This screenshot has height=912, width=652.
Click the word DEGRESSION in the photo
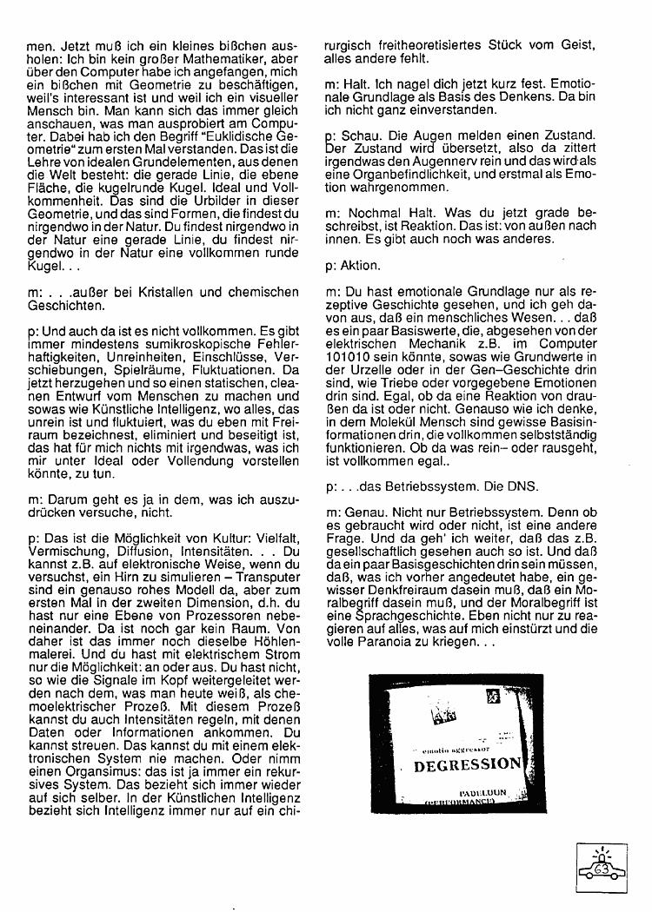tap(467, 765)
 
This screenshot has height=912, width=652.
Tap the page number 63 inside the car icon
tap(601, 869)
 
